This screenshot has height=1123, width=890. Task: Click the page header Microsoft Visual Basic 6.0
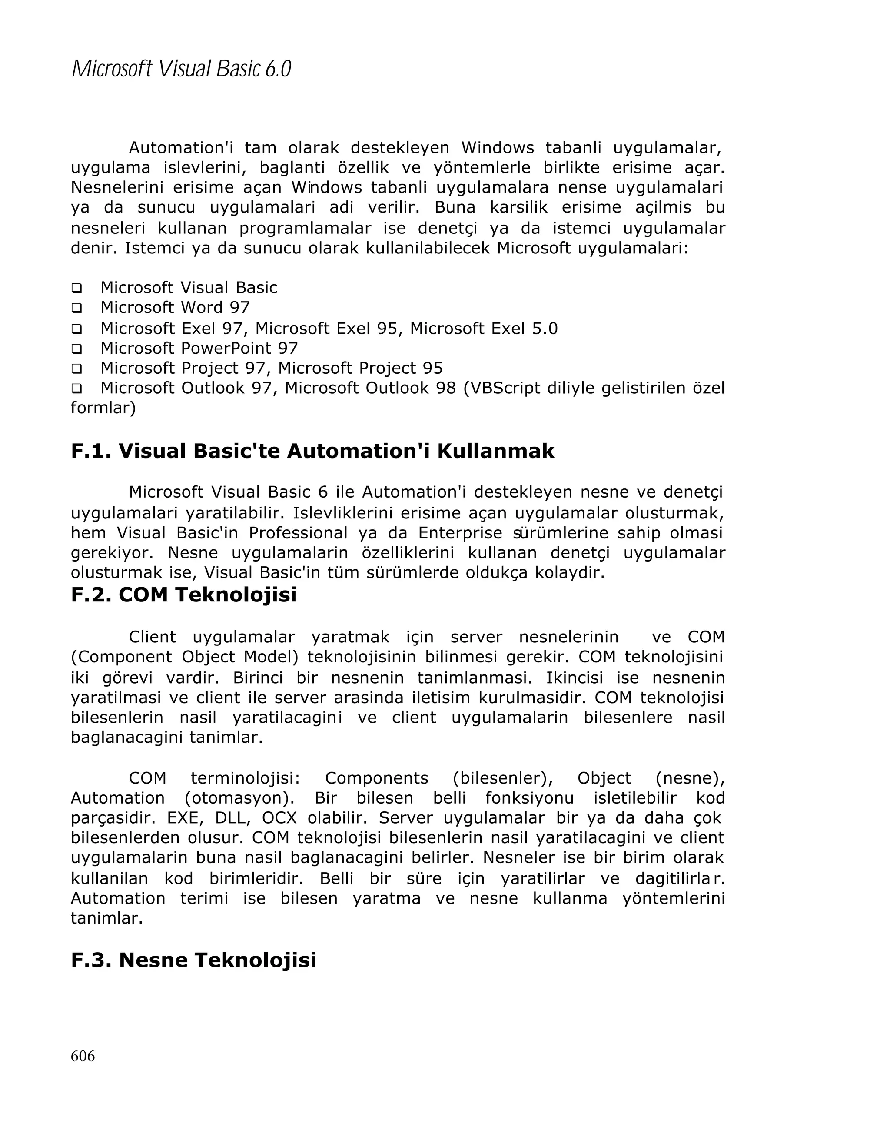181,69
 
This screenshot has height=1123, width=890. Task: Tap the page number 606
83,1056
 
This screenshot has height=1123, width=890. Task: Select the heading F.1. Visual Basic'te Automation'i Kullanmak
312,451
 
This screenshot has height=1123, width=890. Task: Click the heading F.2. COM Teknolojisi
183,595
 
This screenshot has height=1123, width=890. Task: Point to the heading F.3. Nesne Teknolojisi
193,960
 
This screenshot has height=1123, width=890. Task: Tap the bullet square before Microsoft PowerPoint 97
76,349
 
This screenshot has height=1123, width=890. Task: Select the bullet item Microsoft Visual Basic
189,288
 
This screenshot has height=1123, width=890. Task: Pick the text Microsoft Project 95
360,368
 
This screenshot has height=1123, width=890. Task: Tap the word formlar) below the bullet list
103,408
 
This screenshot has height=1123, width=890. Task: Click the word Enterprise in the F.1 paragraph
460,533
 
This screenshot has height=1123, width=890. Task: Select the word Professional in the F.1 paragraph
298,533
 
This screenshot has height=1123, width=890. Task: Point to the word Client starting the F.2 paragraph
152,637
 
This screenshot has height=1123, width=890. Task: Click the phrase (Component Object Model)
185,657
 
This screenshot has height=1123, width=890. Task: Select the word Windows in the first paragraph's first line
497,148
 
